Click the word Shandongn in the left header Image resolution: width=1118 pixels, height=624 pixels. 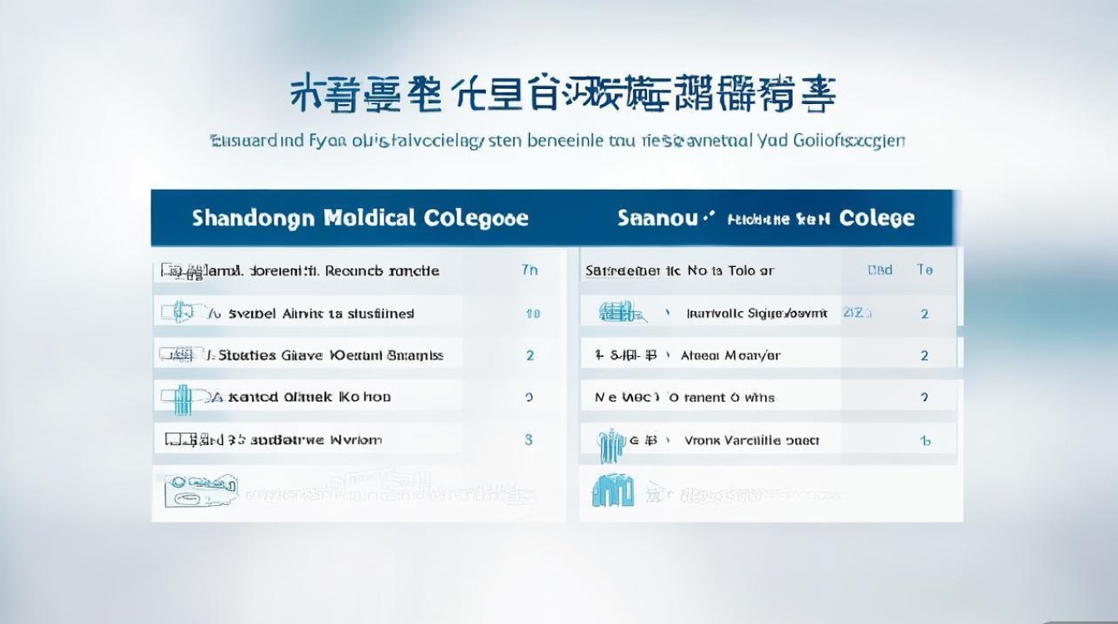(x=253, y=218)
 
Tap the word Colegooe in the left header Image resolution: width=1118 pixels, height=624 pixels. (x=476, y=218)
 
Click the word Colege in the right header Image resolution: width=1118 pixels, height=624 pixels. (x=877, y=218)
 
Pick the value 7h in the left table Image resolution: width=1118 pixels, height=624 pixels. (x=529, y=270)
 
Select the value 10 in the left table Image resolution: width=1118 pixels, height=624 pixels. (x=533, y=314)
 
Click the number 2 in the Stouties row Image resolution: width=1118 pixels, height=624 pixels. (x=530, y=355)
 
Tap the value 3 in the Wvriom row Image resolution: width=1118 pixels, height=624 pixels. (x=529, y=439)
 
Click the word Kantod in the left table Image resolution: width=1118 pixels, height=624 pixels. (x=253, y=397)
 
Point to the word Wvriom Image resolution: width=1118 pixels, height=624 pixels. (x=356, y=439)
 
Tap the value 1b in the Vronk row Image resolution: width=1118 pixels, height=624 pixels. (x=924, y=441)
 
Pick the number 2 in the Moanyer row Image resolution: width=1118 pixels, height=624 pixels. (x=924, y=355)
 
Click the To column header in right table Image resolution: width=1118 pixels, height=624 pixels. (x=924, y=270)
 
